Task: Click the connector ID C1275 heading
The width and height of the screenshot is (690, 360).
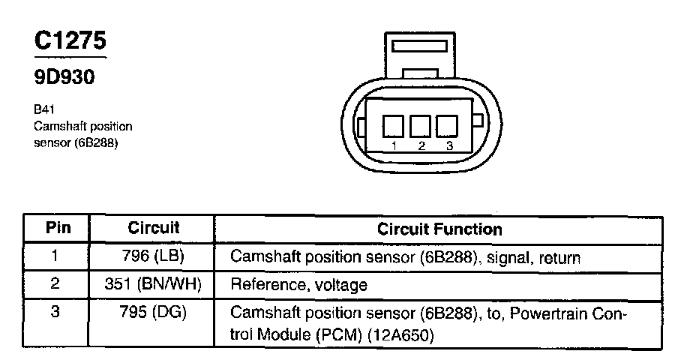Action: (69, 42)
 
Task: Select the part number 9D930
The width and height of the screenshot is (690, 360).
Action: (64, 77)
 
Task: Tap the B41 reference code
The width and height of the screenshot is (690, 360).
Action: (43, 109)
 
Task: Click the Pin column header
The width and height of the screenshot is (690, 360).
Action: (57, 228)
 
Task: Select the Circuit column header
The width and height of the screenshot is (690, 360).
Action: (153, 228)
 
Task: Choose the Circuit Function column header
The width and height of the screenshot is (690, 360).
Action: (439, 228)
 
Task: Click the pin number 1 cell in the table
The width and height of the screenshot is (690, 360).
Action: (55, 257)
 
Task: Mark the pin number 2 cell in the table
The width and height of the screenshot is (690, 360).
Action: (55, 284)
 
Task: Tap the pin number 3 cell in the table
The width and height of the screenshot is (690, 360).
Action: (55, 312)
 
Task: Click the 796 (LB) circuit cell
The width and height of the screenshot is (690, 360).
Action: (153, 257)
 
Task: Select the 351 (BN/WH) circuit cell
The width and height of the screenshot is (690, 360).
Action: (153, 284)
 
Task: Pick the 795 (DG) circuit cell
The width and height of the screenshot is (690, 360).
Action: (153, 312)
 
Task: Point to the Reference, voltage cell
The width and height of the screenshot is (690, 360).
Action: (298, 285)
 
